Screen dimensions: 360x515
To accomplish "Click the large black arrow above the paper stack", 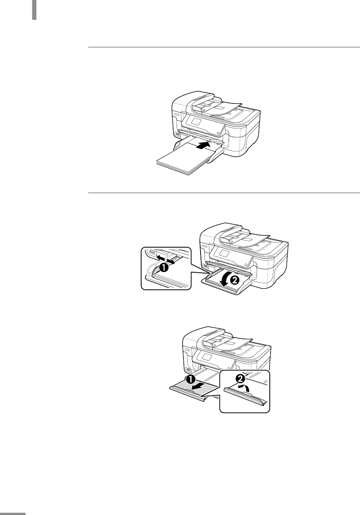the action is point(203,146).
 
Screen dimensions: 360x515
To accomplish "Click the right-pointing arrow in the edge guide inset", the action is point(171,261).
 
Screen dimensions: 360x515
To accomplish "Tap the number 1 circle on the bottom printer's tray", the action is point(191,379).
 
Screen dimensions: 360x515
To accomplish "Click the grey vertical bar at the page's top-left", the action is point(34,10).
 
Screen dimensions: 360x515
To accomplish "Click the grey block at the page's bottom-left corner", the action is point(13,513).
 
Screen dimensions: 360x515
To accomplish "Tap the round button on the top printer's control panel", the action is point(218,133).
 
